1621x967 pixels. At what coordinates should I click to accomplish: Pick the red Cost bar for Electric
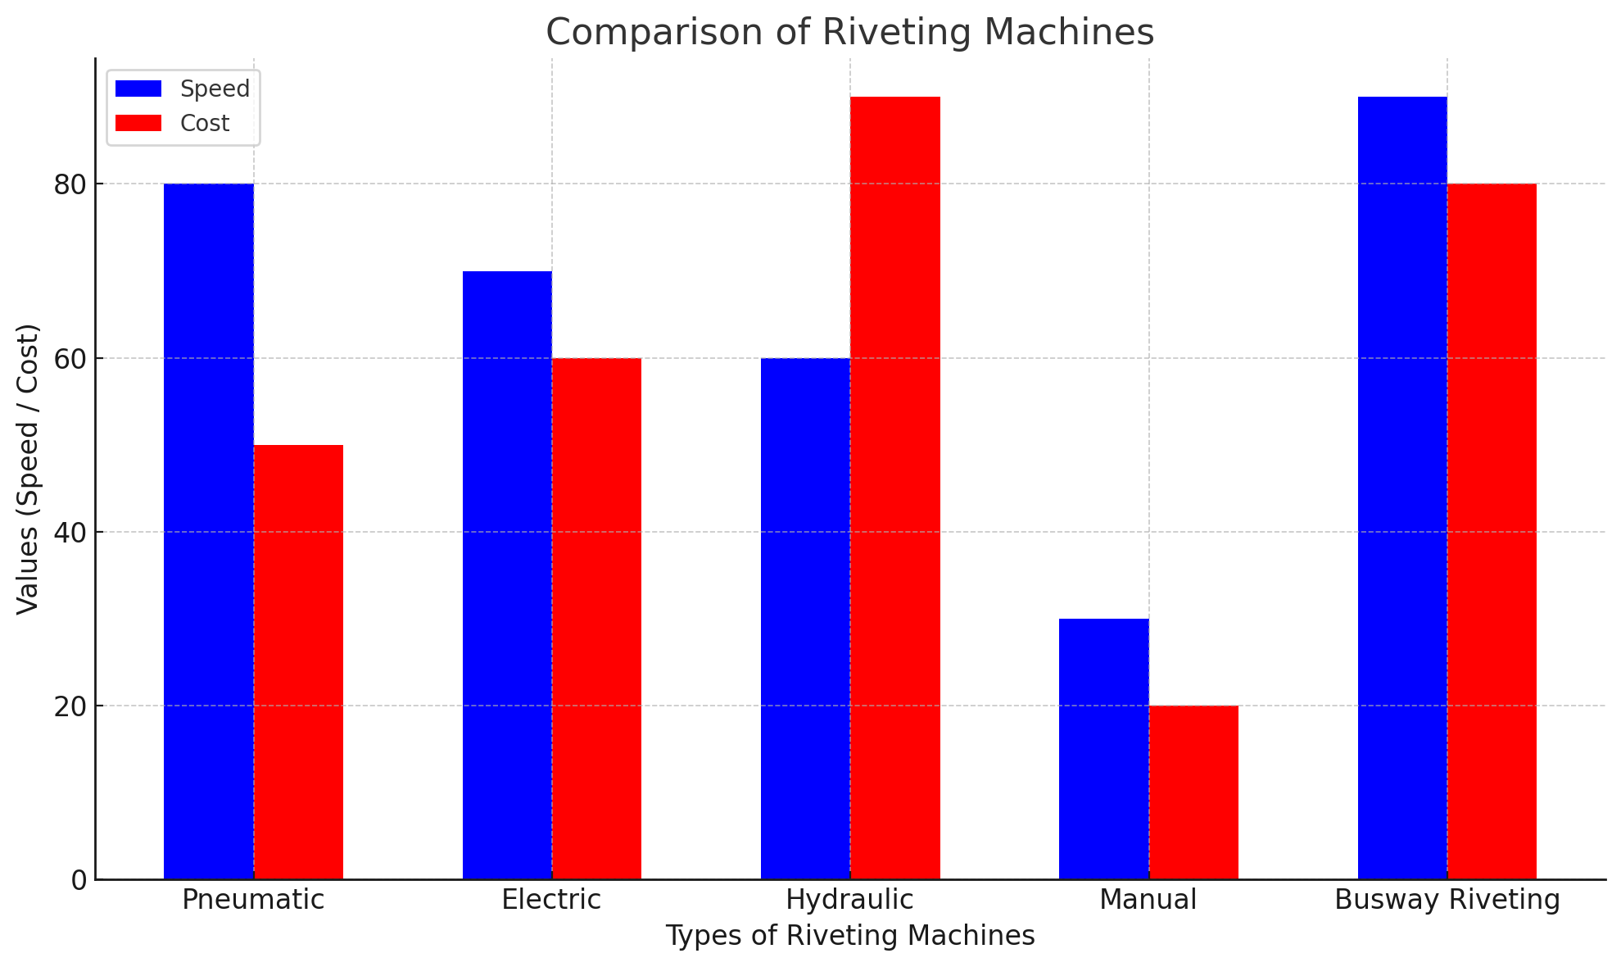click(x=596, y=619)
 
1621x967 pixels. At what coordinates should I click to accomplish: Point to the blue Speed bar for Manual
click(x=1103, y=749)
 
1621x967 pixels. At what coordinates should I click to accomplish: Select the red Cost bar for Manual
click(x=1193, y=792)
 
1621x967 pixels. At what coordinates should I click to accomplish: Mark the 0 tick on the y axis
click(x=79, y=880)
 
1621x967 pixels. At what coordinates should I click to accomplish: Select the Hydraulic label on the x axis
click(x=849, y=900)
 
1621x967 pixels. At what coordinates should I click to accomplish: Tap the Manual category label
click(x=1148, y=900)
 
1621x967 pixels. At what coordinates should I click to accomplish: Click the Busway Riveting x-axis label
click(x=1447, y=900)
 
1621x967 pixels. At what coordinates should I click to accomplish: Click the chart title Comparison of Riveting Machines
click(x=849, y=33)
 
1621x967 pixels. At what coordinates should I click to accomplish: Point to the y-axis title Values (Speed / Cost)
click(x=29, y=469)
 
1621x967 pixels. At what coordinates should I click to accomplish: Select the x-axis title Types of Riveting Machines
click(x=849, y=936)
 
